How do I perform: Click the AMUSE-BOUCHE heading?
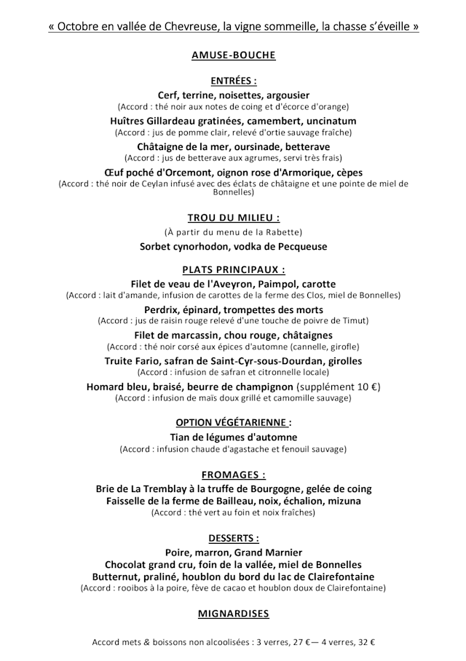coord(233,55)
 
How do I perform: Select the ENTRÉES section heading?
coord(233,80)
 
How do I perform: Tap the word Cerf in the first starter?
coord(170,95)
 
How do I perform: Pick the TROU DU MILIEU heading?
coord(233,217)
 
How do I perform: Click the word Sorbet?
coord(157,246)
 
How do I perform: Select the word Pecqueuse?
coord(299,246)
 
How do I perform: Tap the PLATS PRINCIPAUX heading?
coord(233,269)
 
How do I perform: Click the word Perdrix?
coord(163,309)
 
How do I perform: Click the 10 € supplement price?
coord(365,386)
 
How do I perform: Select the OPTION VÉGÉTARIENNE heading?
coord(233,422)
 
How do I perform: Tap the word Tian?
coord(181,437)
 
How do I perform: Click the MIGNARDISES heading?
coord(233,614)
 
